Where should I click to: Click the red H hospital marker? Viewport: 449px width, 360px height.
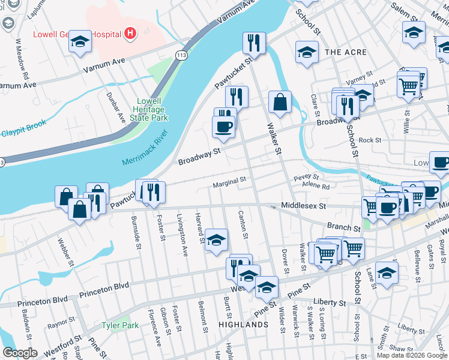click(130, 34)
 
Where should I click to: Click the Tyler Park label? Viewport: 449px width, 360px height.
click(120, 325)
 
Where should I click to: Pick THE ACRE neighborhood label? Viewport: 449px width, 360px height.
click(346, 53)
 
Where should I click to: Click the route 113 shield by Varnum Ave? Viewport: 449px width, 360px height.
click(180, 55)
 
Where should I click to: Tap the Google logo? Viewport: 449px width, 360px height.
click(20, 353)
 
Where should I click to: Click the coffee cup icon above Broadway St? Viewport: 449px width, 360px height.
click(224, 127)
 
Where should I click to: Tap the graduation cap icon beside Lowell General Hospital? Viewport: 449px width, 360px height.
click(80, 41)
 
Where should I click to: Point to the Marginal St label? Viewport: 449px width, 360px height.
click(229, 180)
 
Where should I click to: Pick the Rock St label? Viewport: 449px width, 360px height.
click(370, 140)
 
